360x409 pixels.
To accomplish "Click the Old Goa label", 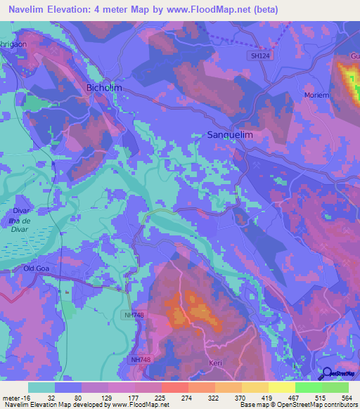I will tap(38, 268).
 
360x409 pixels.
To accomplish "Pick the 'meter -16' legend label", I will tap(18, 396).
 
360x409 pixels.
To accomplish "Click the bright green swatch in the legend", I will tap(335, 387).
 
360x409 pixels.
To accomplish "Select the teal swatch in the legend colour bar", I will tap(41, 387).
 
